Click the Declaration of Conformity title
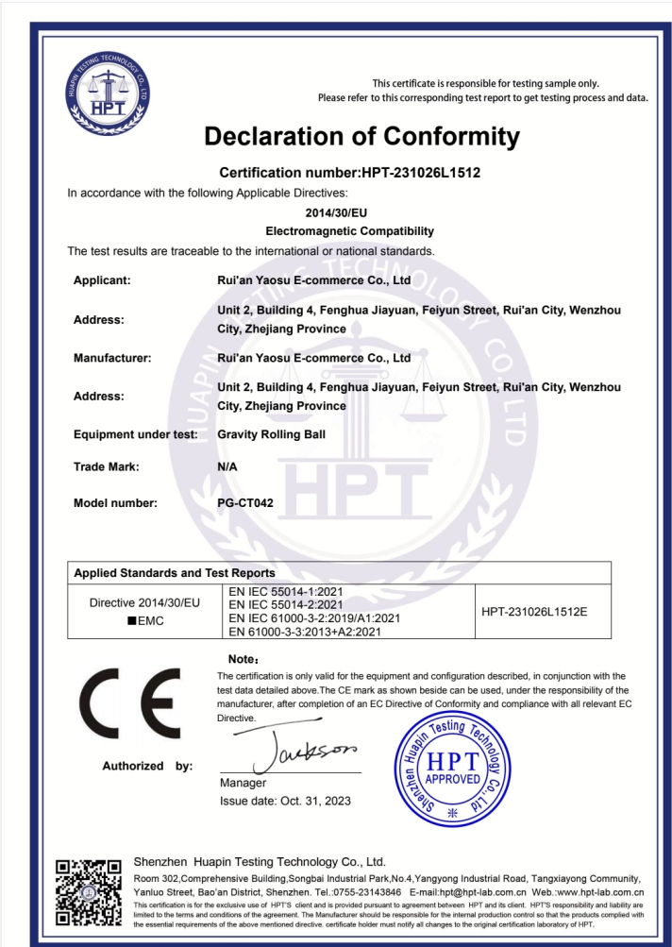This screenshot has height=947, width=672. pyautogui.click(x=361, y=137)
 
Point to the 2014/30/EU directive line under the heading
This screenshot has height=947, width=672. pyautogui.click(x=336, y=212)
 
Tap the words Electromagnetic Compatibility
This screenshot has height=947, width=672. pyautogui.click(x=349, y=230)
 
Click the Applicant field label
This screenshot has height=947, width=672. pyautogui.click(x=102, y=280)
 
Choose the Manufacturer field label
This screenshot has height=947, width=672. pyautogui.click(x=112, y=359)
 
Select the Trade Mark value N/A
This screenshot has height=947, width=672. pyautogui.click(x=227, y=466)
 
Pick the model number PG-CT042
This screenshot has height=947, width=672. pyautogui.click(x=245, y=503)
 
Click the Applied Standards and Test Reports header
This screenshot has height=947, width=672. pyautogui.click(x=175, y=573)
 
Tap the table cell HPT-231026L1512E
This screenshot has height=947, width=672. pyautogui.click(x=534, y=612)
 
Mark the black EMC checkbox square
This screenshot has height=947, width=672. pyautogui.click(x=131, y=620)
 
